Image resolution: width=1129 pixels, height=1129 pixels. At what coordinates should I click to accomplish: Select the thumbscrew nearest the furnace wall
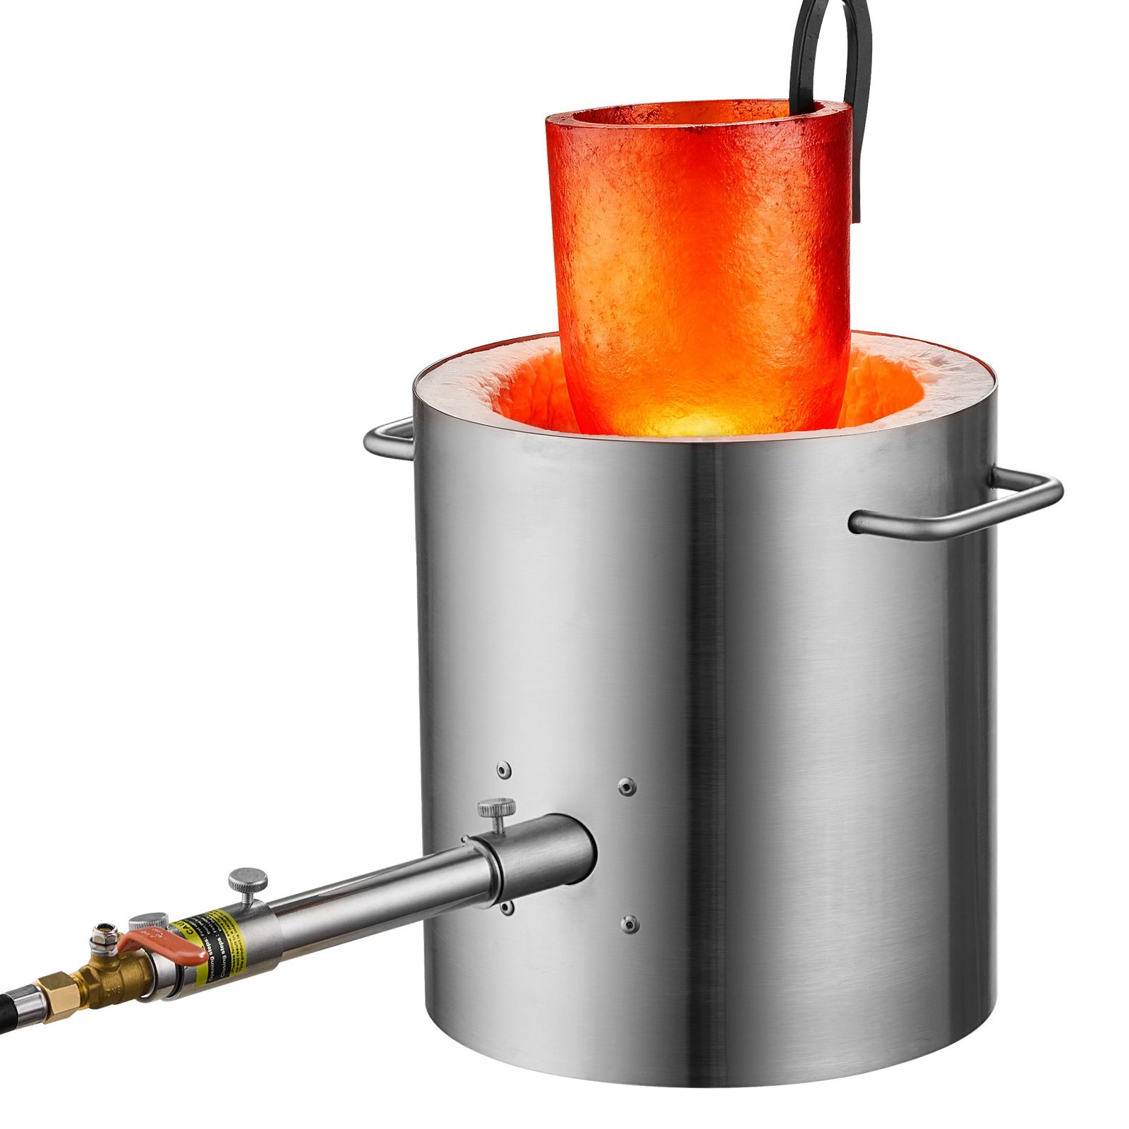[x=497, y=808]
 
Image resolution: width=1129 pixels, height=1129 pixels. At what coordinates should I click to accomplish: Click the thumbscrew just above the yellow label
[x=248, y=881]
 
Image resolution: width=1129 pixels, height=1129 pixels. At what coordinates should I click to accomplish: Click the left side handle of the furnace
[x=388, y=437]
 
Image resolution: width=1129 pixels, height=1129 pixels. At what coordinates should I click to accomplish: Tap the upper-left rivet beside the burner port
[x=502, y=770]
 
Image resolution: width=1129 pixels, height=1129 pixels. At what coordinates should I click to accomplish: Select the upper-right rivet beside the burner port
[x=626, y=786]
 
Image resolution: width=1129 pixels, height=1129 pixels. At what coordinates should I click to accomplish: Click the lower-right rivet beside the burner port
[x=629, y=923]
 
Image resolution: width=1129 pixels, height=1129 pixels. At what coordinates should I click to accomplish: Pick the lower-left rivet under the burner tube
[x=505, y=908]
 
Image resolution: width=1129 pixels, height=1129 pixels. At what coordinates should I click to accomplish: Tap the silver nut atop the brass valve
[x=107, y=931]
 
